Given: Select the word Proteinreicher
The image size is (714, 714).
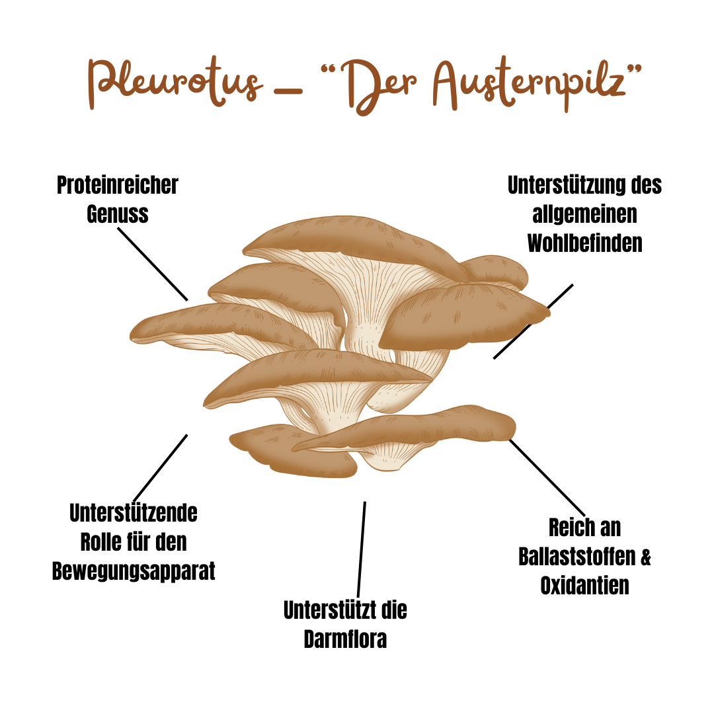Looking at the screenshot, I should coord(118,185).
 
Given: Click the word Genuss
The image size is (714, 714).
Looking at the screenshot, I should coord(118,214).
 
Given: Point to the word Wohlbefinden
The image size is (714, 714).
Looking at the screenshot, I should coord(584,243).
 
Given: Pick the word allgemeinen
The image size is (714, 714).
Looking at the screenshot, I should coord(584,214).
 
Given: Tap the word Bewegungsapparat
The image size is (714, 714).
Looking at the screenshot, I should coord(134,571).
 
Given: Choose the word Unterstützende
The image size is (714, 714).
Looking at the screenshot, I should coord(134,513).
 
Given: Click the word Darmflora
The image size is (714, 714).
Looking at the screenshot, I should coord(345,639).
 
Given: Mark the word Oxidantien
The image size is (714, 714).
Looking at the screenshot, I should coord(584,586).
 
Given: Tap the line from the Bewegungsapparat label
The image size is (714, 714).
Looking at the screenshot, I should coord(161,467).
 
